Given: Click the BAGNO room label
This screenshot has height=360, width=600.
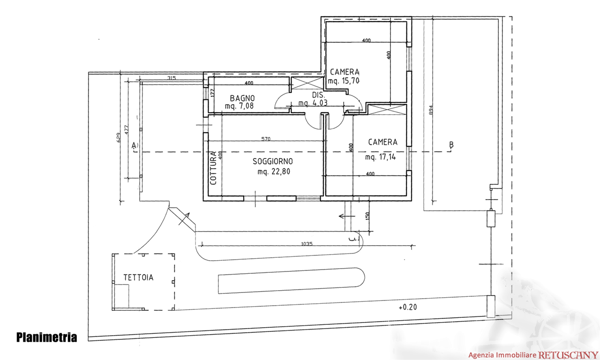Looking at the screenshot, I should (242, 98).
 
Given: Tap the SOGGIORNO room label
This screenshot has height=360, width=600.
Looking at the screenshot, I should (273, 161).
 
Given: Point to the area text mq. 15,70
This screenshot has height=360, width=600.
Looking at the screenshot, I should (344, 81).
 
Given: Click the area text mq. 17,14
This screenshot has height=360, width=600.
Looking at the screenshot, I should (381, 158).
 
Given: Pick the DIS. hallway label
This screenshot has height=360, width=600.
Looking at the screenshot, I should (317, 95).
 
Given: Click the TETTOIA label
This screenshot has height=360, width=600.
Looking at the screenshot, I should (138, 277).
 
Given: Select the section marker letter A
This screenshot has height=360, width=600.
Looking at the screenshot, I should (134, 145).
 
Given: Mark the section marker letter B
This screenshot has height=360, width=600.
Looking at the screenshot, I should (451, 145).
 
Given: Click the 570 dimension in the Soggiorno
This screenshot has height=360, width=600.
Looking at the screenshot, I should (266, 139).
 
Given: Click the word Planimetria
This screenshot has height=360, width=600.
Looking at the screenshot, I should (46, 337).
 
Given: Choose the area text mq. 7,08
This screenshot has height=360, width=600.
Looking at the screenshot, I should (240, 106).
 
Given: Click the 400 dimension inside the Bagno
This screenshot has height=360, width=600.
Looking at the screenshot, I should (248, 84).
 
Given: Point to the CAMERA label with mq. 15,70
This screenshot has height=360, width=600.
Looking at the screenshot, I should (345, 72).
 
